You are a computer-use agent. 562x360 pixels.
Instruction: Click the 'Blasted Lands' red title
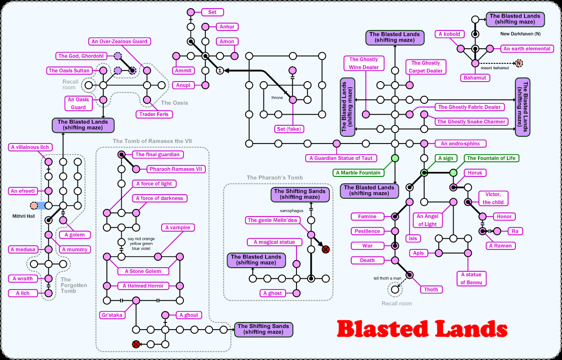coord(422,330)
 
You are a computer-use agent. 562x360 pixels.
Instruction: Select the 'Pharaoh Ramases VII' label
coord(177,169)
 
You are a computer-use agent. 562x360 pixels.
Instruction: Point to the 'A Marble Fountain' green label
coord(357,173)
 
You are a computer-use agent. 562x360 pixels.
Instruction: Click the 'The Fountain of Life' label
coord(491,158)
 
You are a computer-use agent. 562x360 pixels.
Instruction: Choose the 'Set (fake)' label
coord(288,129)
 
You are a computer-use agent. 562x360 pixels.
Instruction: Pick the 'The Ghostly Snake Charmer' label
coord(472,122)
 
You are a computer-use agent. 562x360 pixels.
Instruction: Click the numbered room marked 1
coord(220,70)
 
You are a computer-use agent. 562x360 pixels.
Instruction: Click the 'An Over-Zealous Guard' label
coord(119,42)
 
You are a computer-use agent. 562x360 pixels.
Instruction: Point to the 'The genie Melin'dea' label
coord(272,220)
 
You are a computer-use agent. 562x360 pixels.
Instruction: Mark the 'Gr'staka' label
coord(112,315)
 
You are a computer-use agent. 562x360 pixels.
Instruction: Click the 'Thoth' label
coord(431,290)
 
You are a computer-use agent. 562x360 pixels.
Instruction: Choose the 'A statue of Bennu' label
coord(471,278)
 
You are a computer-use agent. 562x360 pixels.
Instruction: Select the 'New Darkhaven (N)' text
coord(520,33)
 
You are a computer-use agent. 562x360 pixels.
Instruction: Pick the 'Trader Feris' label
coord(155,115)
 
